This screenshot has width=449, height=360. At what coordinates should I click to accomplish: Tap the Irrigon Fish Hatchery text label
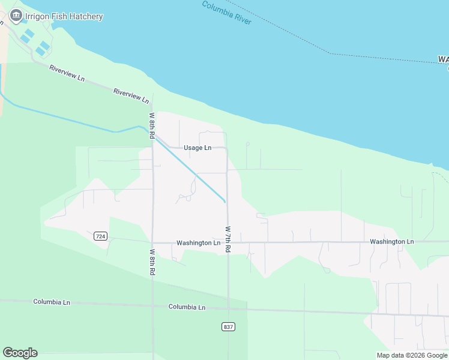64,17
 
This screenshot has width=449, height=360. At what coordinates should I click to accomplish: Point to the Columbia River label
226,13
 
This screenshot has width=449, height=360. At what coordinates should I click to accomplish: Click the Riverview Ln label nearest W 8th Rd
131,95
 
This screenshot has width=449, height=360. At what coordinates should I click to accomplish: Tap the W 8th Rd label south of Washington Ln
152,262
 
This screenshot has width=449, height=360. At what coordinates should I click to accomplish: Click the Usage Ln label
197,148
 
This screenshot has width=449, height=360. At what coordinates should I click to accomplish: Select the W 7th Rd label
228,239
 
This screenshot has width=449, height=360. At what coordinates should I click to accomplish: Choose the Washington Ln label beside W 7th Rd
199,243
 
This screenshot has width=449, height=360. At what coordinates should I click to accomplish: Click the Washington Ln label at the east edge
392,241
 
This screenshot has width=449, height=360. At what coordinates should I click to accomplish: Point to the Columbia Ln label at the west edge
52,302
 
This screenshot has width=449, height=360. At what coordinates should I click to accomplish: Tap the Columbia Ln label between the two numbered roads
187,307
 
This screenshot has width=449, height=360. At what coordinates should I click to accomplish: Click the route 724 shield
100,236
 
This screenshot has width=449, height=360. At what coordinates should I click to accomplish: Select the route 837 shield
228,326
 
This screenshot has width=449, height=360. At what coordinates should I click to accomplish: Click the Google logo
20,352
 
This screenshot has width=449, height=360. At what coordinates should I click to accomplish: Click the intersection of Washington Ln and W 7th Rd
228,242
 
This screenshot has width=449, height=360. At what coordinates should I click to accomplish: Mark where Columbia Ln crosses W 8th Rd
152,305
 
